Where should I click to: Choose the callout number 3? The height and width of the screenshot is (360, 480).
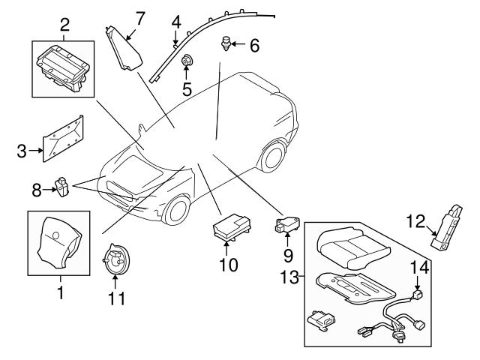22,151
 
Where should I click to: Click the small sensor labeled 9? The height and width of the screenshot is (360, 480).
288,223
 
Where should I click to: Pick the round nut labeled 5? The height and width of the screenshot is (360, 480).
187,61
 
